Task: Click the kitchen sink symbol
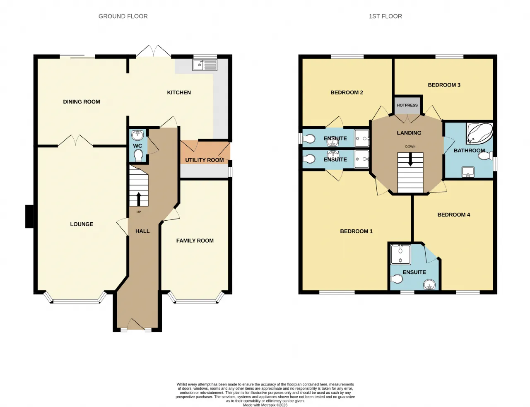(205, 65)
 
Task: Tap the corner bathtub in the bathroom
(479, 133)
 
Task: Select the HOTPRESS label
(407, 105)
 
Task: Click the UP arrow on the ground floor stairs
(139, 199)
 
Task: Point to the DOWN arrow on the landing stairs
(410, 159)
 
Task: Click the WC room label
(137, 146)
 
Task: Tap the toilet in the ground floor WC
(138, 155)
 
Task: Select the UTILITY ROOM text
(205, 160)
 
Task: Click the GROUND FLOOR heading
(123, 16)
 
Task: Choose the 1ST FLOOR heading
(385, 16)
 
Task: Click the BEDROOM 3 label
(444, 85)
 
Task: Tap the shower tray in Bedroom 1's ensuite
(400, 255)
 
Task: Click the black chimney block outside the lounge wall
(29, 216)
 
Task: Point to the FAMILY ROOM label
(195, 241)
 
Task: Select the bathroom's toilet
(485, 156)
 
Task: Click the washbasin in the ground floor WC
(138, 135)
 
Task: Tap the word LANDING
(409, 133)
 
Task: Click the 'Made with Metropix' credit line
(265, 405)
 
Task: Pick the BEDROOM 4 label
(454, 214)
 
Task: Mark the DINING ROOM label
(82, 102)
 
